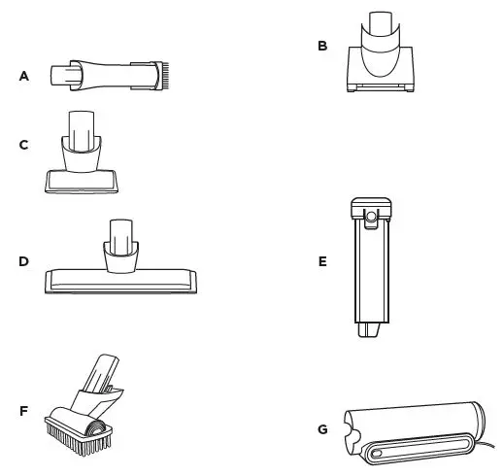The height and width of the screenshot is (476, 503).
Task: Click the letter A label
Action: pos(24,76)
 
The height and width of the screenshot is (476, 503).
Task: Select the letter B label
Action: pos(322,46)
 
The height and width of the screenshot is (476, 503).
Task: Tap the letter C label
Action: pos(24,145)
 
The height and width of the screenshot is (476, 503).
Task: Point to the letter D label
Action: pos(24,261)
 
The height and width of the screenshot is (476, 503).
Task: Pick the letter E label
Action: pos(322,262)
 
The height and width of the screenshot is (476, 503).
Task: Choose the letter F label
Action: pos(24,410)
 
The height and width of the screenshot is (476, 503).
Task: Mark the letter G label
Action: pos(322,428)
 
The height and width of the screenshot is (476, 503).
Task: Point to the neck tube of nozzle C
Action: pos(83,126)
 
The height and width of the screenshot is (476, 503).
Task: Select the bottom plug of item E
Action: pos(368,331)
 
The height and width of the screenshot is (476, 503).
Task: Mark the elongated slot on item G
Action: pos(413,448)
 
